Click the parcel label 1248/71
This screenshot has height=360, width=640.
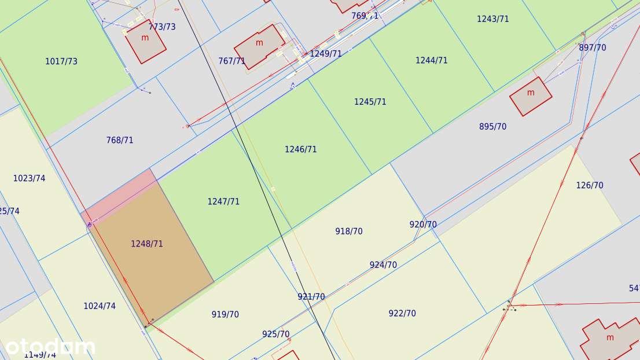(147, 244)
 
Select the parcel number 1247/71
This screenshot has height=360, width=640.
(223, 201)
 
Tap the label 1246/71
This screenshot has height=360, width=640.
(301, 149)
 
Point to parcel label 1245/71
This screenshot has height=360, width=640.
(370, 102)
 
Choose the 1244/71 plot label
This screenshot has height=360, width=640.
(432, 60)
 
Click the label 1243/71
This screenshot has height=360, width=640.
(493, 19)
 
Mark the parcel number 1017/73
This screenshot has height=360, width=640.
(61, 61)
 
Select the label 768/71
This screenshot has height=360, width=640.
(120, 140)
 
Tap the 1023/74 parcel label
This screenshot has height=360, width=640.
(30, 178)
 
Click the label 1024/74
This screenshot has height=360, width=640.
(100, 306)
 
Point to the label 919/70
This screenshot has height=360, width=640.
(225, 315)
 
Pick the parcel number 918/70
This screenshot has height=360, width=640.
(349, 232)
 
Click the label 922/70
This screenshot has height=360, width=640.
(402, 314)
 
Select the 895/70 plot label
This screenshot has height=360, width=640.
(493, 127)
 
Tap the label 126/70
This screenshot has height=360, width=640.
(590, 185)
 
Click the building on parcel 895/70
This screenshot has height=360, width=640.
(531, 96)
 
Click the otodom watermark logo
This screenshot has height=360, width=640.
(50, 347)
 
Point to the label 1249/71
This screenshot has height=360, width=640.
(326, 54)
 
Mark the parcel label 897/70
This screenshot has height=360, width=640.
(593, 48)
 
